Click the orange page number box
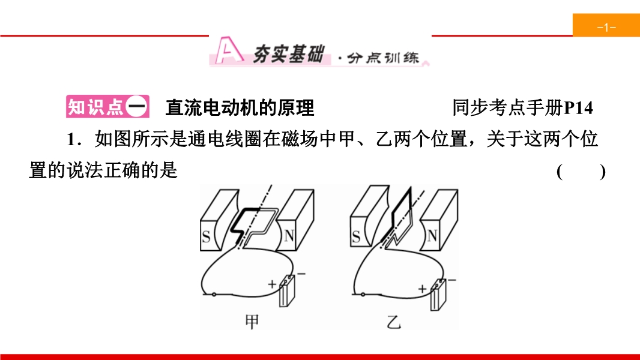(606, 25)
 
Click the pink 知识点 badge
(107, 107)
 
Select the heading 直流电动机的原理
(240, 107)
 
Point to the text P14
(578, 108)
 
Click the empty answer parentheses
(581, 172)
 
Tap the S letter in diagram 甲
(206, 236)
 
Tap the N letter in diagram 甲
(289, 236)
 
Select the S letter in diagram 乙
(356, 236)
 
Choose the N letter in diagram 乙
(432, 236)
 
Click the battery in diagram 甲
(287, 290)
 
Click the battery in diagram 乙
(438, 295)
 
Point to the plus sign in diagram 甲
(272, 284)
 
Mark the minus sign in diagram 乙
(452, 280)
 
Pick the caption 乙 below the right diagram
(393, 322)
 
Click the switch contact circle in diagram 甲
(214, 295)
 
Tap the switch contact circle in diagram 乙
(363, 295)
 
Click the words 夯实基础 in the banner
(289, 54)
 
